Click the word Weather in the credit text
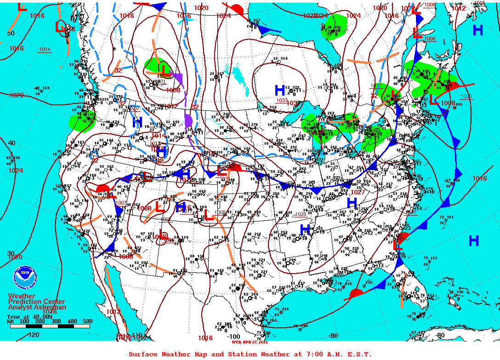pos(21,296)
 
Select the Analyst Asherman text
pos(37,307)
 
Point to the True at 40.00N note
pos(26,316)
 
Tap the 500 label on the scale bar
pos(87,321)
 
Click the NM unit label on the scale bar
pos(11,321)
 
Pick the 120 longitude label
pos(34,335)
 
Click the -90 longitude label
pos(333,336)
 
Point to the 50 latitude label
pos(11,33)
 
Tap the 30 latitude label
pos(11,253)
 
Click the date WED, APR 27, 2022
pos(250,342)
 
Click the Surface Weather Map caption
pos(250,354)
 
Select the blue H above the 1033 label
pos(279,90)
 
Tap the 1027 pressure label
pos(357,192)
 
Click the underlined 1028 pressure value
pos(300,214)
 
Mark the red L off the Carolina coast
pos(398,246)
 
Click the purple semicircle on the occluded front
pos(188,121)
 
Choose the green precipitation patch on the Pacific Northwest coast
pos(81,122)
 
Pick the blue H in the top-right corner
pos(478,30)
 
